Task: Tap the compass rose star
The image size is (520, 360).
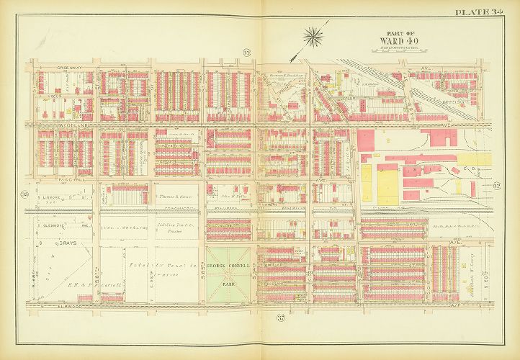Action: pyautogui.click(x=313, y=32)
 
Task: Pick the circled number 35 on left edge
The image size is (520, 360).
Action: pyautogui.click(x=24, y=193)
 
